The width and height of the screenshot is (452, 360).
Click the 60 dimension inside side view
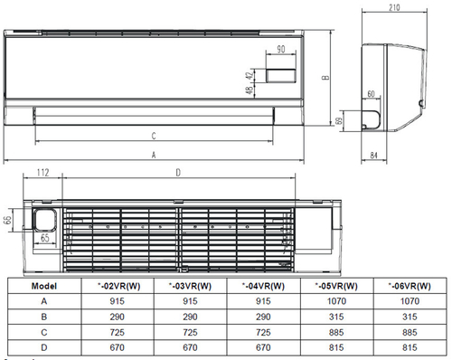[x=371, y=94]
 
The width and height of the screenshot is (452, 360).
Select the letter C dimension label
[x=154, y=137]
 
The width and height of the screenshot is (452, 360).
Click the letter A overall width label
[x=154, y=156]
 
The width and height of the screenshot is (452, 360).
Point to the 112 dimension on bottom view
[x=42, y=173]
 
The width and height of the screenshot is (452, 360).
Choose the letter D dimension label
[x=177, y=173]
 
